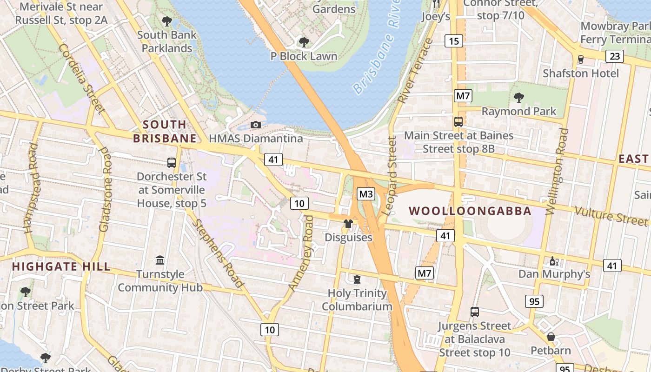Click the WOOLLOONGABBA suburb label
coord(470,211)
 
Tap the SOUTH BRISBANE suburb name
coord(165,132)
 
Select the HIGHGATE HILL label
coord(61,266)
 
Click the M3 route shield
coord(365,194)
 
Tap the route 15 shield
coord(453,41)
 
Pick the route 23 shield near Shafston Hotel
coord(614,56)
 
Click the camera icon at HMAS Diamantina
coord(255,125)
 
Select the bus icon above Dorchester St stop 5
coord(172,163)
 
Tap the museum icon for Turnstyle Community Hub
coord(160,259)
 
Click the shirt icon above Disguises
coord(348,224)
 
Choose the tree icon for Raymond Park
coord(518,98)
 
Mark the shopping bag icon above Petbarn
coord(551,336)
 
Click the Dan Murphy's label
coord(554,274)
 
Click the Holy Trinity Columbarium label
coord(357,300)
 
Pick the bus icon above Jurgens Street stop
coord(474,312)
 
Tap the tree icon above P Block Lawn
coord(304,42)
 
